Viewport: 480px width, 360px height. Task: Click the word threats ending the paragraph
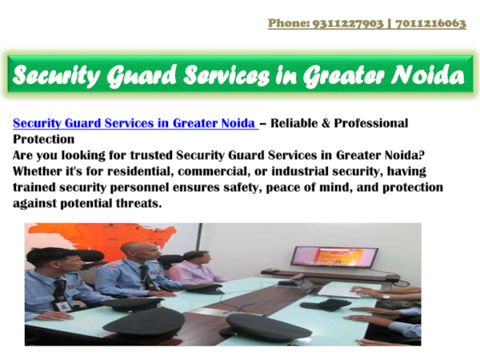141,203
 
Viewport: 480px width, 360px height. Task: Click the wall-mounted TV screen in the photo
334,255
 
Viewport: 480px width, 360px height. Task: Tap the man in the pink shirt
194,270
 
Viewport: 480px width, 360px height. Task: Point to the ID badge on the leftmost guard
60,303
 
